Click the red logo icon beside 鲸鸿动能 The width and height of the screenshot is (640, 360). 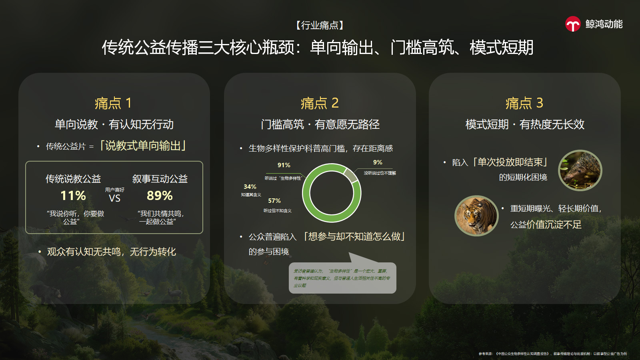tap(573, 24)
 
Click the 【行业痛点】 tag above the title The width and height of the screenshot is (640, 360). tap(320, 26)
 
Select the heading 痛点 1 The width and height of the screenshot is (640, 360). tap(113, 103)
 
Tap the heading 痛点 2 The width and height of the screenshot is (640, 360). tap(320, 103)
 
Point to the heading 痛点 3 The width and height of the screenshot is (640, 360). tap(524, 103)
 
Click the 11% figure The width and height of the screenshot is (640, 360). tap(73, 196)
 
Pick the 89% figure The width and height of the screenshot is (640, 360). tap(160, 196)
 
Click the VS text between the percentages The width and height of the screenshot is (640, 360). tap(114, 198)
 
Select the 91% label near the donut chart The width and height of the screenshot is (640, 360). tap(284, 165)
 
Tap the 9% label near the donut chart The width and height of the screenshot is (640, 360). tap(378, 162)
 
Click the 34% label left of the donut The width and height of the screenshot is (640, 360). tap(250, 187)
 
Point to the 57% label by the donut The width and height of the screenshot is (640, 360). tap(274, 201)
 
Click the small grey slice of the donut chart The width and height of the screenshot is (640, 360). tap(350, 174)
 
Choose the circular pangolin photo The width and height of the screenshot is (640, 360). tap(580, 170)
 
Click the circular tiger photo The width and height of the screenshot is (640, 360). tap(476, 216)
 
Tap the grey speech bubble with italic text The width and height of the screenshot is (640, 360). tap(342, 278)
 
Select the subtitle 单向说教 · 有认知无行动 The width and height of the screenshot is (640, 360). tap(114, 125)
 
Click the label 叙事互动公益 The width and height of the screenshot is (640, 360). tap(160, 179)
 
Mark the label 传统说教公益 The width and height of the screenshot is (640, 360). tap(73, 179)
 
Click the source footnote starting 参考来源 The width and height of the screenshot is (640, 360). tap(552, 354)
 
